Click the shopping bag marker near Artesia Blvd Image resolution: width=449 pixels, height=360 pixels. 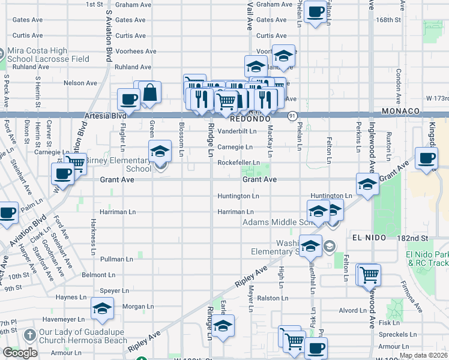tap(150, 92)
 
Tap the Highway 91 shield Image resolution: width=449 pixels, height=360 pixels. tap(292, 115)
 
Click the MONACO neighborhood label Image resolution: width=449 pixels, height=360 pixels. tap(400, 112)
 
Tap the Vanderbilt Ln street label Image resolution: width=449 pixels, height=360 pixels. tap(237, 130)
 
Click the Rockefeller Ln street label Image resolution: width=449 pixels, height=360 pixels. tap(238, 163)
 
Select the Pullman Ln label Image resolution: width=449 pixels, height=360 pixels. tap(116, 259)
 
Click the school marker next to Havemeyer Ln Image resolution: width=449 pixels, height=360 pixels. tap(102, 310)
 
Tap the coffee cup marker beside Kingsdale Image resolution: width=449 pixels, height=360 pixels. tap(427, 158)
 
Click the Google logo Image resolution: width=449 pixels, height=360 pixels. tap(20, 353)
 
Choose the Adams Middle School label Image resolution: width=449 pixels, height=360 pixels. tap(276, 223)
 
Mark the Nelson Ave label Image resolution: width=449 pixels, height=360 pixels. tap(80, 83)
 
